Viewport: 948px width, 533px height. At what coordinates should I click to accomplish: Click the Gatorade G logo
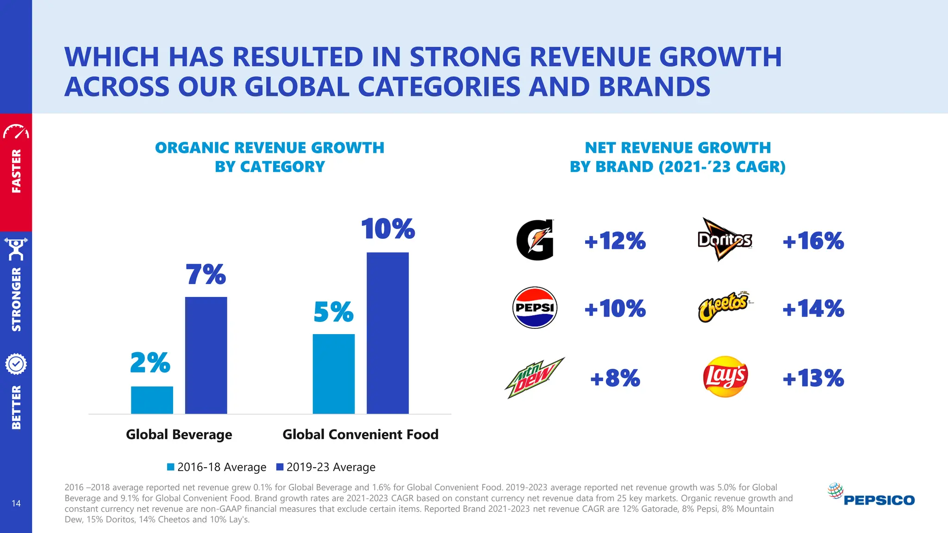(535, 240)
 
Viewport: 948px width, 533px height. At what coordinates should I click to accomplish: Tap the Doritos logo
(724, 240)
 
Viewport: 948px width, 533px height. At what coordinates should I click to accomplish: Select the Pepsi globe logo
(535, 308)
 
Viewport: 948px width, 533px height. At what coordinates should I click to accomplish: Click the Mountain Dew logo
(534, 378)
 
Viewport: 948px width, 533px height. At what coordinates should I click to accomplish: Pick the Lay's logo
(725, 377)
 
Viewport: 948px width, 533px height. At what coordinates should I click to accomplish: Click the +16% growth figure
(813, 241)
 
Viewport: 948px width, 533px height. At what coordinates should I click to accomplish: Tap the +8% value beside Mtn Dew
(615, 378)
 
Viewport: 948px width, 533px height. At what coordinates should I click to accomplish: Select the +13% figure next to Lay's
(813, 378)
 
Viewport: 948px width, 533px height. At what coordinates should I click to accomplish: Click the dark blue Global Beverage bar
(206, 355)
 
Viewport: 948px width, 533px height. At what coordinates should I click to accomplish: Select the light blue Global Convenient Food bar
(333, 374)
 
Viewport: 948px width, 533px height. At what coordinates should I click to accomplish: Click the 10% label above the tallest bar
(387, 229)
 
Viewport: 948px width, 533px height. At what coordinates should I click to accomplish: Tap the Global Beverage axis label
(179, 434)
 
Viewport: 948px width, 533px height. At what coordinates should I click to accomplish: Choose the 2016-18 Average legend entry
(217, 467)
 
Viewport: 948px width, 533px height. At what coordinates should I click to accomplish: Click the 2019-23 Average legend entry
(326, 467)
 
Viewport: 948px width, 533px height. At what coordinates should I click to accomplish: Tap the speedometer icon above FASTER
(16, 132)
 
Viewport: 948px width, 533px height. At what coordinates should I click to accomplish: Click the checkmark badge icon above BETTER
(16, 364)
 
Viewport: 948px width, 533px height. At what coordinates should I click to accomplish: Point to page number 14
(16, 503)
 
